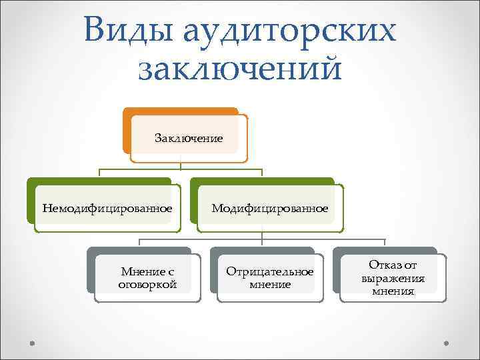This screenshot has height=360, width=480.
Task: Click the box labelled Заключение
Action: click(x=189, y=138)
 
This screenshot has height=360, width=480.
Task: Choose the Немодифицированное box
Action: click(x=107, y=209)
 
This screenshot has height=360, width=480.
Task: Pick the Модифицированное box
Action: click(x=270, y=209)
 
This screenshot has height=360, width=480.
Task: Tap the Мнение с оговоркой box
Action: click(x=147, y=278)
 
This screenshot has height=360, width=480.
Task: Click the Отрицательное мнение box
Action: click(x=270, y=278)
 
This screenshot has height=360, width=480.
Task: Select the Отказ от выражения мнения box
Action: click(x=393, y=277)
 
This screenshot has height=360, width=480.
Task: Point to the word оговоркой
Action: click(x=147, y=285)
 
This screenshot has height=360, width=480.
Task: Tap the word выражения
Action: click(x=393, y=278)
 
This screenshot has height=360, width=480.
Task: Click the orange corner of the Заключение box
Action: click(x=126, y=130)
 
